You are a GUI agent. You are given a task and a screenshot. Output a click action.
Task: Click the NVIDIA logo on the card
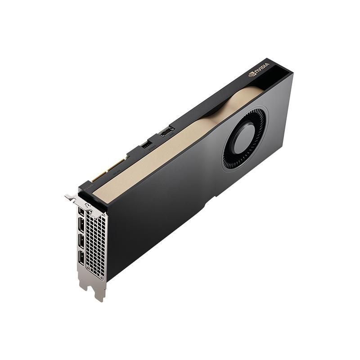(259, 69)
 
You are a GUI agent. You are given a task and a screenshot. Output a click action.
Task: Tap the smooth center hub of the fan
(245, 137)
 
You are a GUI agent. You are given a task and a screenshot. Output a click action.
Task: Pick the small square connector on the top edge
(146, 145)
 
